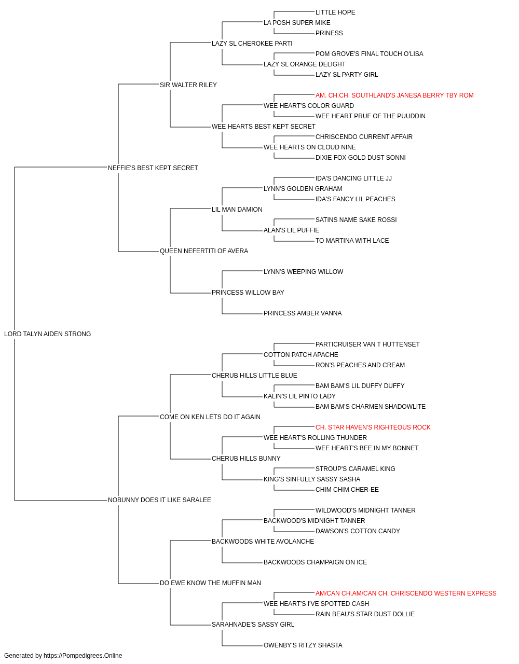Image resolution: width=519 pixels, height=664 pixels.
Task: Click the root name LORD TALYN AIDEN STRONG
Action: pos(47,334)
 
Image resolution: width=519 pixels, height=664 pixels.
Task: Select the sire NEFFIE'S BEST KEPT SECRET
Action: pos(153,168)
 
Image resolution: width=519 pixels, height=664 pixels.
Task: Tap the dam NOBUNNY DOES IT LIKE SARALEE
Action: pos(159,500)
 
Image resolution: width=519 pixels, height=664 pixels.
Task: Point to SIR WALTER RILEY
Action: pos(188,85)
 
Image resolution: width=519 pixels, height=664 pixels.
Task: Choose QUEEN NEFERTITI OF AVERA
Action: pos(204,251)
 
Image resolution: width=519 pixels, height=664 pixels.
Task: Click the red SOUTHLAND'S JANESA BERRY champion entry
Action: pos(394,95)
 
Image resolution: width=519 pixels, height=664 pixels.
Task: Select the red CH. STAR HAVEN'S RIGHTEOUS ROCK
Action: pos(373,427)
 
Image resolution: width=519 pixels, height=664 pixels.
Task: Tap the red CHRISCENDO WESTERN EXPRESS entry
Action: pos(406,593)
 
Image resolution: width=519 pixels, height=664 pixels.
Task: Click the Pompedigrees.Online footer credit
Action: pos(63,656)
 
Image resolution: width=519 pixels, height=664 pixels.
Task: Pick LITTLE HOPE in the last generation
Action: pos(335,12)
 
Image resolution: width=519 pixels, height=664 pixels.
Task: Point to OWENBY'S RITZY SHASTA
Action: pos(303,645)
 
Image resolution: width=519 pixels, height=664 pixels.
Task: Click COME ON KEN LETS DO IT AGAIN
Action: pos(210,417)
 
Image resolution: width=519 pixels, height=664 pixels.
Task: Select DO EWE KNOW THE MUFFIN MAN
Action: pos(210,583)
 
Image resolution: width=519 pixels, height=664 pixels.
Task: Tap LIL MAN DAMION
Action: pos(237,210)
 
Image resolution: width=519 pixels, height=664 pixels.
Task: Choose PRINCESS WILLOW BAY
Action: pos(248,293)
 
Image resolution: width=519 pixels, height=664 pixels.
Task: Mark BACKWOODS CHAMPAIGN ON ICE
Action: pos(315,562)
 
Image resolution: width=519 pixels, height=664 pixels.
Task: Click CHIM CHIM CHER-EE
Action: pos(347,490)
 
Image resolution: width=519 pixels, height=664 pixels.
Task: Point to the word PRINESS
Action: pos(329,33)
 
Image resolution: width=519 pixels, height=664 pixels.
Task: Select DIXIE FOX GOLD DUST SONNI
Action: pos(360,158)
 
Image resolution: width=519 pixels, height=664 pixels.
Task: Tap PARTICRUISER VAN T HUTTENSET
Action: pos(367,344)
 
